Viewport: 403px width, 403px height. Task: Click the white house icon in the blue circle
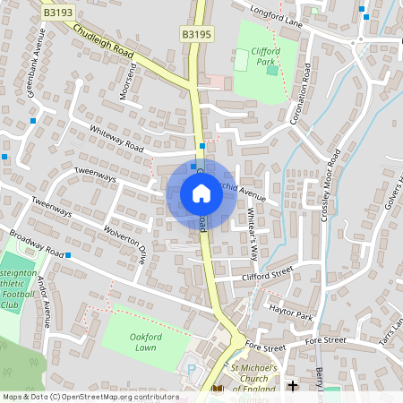click(201, 193)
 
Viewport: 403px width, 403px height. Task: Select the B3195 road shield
click(196, 34)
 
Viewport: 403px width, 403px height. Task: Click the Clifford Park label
click(266, 57)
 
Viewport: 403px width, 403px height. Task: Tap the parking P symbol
click(190, 367)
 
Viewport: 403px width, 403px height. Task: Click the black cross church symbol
click(293, 386)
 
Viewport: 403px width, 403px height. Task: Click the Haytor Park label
click(290, 312)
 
